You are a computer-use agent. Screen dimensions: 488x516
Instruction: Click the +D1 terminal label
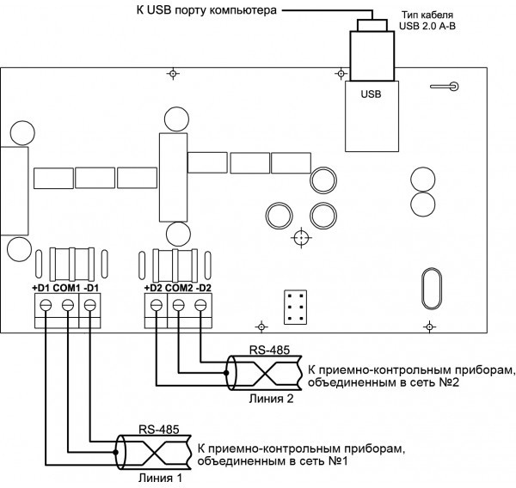coord(40,287)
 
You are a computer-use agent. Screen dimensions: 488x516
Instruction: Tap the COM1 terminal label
coord(66,287)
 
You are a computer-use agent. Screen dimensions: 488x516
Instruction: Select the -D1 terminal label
coord(92,287)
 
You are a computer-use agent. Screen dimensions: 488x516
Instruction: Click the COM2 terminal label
coord(178,287)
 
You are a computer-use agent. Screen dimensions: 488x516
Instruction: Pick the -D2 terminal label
coord(204,287)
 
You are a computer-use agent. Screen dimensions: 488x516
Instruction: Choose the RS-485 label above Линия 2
coord(269,351)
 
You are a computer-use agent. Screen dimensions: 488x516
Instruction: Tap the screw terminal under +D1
coord(42,304)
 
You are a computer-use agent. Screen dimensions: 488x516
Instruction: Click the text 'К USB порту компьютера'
coord(206,11)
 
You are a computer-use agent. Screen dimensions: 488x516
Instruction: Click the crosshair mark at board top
coord(173,75)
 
